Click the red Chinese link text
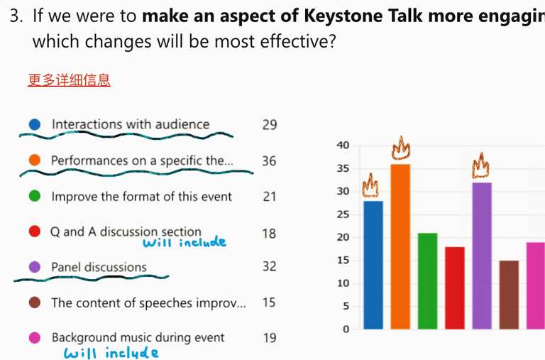coord(69,80)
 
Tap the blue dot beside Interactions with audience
coord(35,124)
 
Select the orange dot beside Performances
coord(35,160)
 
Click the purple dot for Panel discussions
coord(35,267)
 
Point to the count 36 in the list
coord(269,160)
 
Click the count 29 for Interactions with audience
coord(269,125)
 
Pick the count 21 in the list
coord(269,197)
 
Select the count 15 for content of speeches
coord(269,302)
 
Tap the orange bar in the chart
coord(400,246)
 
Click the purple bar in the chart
coord(482,256)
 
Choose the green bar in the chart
coord(427,281)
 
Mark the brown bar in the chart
coord(509,295)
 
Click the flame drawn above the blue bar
coord(370,186)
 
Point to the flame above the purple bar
coord(483,166)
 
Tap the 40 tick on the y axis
coord(343,146)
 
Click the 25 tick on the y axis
coord(343,214)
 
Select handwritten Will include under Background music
coord(111,352)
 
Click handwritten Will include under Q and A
coord(184,243)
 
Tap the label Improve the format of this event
coord(141,197)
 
